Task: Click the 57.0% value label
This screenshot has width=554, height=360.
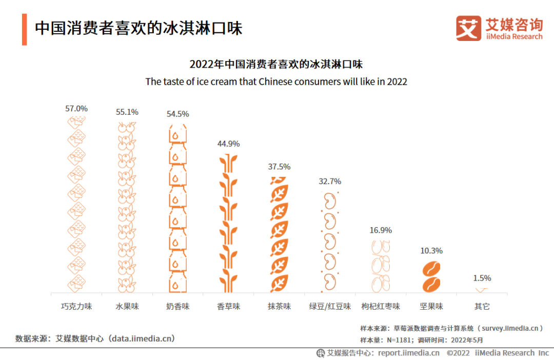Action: point(76,109)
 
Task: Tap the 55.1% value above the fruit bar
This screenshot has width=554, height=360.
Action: point(127,112)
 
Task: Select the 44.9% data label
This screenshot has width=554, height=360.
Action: point(228,144)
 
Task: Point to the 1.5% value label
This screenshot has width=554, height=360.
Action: point(482,278)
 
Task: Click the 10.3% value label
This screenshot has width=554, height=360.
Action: point(431,251)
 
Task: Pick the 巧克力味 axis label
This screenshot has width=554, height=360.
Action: point(76,306)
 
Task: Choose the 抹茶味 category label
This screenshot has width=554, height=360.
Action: point(279,306)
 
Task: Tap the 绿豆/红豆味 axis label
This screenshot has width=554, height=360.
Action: point(330,306)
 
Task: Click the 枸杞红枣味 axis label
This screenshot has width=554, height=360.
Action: point(381,306)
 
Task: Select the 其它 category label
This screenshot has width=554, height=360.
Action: point(482,306)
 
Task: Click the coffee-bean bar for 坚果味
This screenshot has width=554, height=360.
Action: point(431,277)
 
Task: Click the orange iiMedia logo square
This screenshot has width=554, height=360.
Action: point(468,28)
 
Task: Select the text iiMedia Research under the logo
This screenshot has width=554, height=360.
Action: point(513,36)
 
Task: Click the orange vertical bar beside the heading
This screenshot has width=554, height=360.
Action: point(24,29)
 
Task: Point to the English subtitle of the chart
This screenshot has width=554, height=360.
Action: point(276,82)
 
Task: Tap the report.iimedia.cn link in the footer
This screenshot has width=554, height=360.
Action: point(409,353)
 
